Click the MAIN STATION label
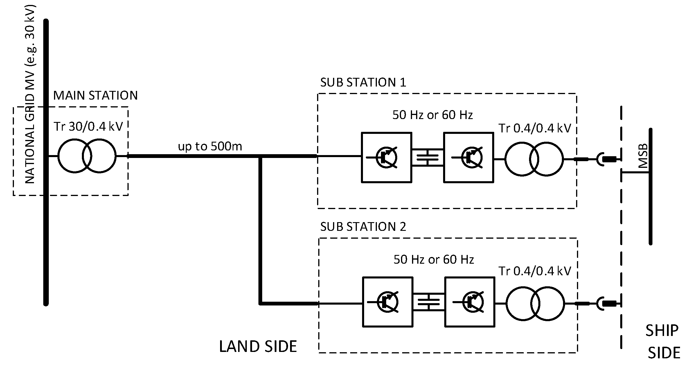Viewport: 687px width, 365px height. coord(95,96)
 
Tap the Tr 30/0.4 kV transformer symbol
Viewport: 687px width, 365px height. coord(87,156)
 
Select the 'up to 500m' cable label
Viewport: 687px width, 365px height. coord(210,146)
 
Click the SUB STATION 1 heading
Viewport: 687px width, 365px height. coord(363,82)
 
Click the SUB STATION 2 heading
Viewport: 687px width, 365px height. coord(363,226)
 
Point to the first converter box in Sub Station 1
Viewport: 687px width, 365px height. coord(386,158)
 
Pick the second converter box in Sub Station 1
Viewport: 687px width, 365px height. coord(469,158)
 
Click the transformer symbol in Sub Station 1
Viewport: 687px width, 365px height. coord(534,159)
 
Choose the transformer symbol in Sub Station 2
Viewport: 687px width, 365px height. coord(535,303)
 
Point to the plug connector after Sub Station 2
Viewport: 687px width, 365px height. coord(606,304)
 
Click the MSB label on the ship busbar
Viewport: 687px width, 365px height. coord(643,156)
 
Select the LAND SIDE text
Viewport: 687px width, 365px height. coord(258,346)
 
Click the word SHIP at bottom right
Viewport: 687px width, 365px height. coord(662,330)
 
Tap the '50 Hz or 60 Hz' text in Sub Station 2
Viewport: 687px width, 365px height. coord(434,259)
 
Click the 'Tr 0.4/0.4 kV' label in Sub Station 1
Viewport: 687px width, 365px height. coord(535,128)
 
